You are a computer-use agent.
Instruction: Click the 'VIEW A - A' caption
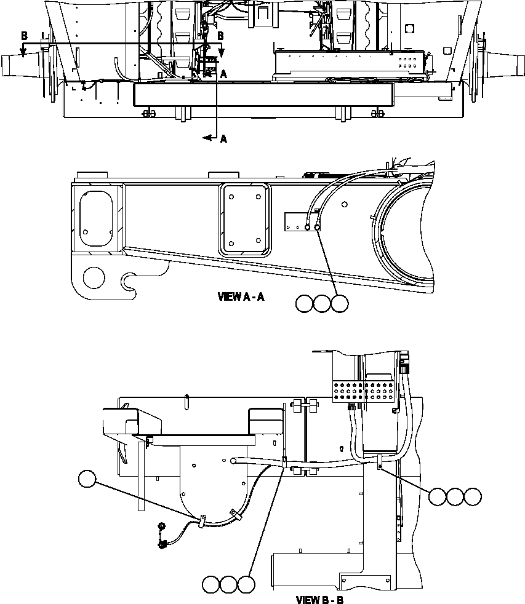coord(241,297)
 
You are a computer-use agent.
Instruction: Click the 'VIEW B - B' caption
coord(320,598)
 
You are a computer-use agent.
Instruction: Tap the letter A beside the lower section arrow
coord(223,140)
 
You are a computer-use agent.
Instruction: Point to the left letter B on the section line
coord(24,36)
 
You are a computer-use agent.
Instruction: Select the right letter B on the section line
coord(220,36)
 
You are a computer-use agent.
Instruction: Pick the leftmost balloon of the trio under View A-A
coord(303,303)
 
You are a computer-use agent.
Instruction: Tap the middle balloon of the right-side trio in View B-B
coord(455,497)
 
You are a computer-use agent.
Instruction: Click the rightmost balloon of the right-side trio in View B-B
coord(473,497)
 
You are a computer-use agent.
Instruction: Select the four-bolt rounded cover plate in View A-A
coord(244,219)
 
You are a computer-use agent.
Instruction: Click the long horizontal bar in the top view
coord(263,96)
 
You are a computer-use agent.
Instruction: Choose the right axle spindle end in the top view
coord(507,64)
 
